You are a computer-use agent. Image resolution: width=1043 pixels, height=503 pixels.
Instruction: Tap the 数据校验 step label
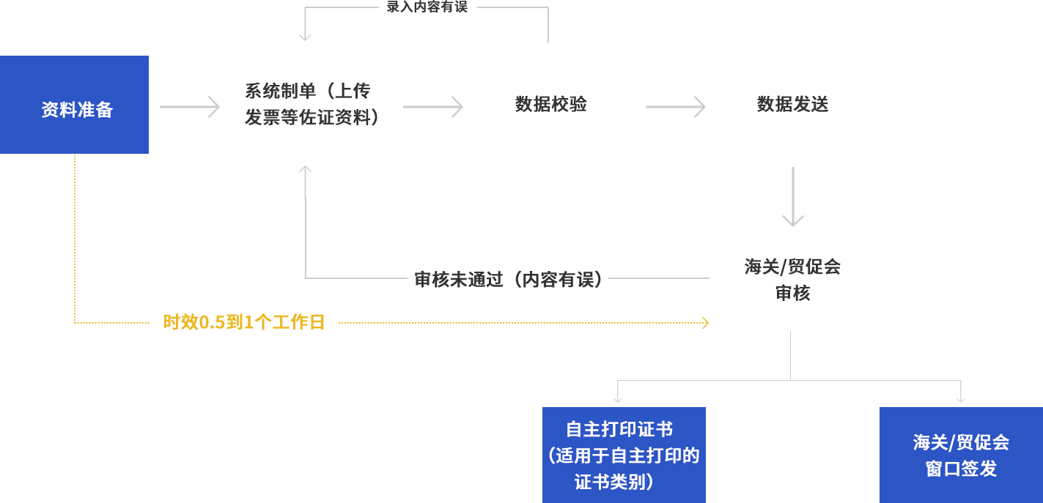click(x=550, y=105)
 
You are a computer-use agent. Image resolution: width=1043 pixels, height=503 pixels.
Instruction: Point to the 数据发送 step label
click(x=792, y=105)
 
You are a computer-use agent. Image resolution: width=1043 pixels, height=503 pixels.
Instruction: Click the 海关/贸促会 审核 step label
click(x=792, y=280)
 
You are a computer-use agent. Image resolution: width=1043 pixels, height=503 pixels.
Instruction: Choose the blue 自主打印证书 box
click(x=624, y=454)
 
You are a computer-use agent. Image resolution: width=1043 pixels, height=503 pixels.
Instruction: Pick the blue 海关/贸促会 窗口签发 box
click(x=960, y=454)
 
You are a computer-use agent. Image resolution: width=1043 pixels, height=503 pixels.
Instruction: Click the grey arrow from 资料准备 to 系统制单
click(x=192, y=107)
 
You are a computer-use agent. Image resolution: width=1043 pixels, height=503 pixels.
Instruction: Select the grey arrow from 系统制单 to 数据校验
click(x=438, y=107)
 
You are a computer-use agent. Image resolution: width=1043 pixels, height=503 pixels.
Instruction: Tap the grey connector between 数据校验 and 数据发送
click(x=676, y=107)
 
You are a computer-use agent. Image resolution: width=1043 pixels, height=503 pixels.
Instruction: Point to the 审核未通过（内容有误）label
click(x=507, y=279)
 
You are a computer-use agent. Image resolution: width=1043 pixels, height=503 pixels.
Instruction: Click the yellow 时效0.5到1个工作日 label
click(x=243, y=322)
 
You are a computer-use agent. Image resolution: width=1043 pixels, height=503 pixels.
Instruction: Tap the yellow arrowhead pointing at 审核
click(x=696, y=323)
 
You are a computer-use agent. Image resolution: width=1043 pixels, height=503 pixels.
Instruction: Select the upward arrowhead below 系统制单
click(x=306, y=170)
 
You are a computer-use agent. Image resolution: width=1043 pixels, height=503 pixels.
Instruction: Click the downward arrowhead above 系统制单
click(x=306, y=37)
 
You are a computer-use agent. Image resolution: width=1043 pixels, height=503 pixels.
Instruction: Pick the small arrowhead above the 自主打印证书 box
click(x=618, y=398)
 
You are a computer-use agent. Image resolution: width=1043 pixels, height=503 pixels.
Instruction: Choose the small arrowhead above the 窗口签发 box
click(x=960, y=398)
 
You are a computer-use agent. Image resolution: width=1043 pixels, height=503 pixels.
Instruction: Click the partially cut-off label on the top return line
click(x=427, y=7)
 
